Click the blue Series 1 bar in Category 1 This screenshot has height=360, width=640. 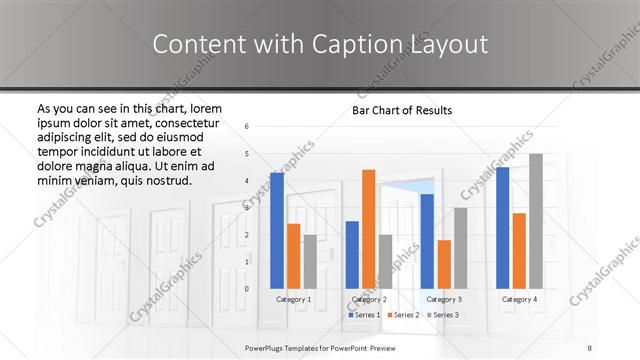point(277,230)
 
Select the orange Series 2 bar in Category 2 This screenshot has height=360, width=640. point(368,229)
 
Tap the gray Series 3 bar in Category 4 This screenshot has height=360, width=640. point(536,221)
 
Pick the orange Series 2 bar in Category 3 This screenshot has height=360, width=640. point(444,264)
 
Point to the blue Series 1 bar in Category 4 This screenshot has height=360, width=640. point(503,228)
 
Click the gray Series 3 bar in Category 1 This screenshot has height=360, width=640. point(310,262)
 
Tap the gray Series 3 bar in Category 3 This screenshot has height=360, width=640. point(461,248)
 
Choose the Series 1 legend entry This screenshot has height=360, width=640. point(365,315)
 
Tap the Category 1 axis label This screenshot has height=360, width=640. point(294,299)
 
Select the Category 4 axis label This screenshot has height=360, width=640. point(519,299)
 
